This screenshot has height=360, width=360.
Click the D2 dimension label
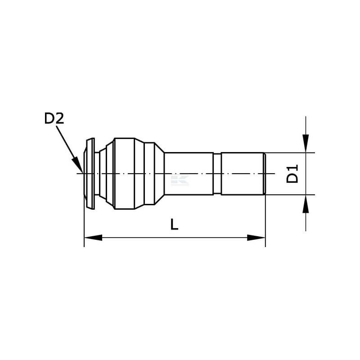point(54,119)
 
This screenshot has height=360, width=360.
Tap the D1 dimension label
point(292,174)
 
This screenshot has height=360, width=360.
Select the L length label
point(174,224)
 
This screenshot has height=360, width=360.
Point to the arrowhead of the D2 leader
point(77,165)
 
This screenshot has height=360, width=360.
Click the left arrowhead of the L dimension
point(93,238)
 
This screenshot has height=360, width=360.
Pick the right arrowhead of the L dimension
point(256,238)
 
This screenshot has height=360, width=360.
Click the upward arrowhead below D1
point(306,204)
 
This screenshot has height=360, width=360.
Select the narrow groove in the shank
point(217,174)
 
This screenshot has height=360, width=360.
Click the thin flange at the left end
point(89,174)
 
